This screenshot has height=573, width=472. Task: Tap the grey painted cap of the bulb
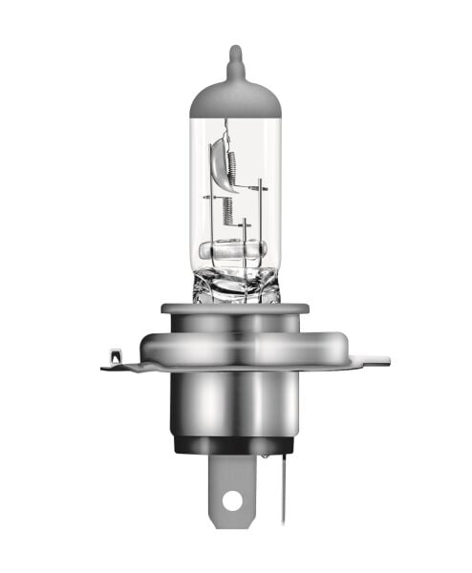235,100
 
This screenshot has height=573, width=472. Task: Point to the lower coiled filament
228,209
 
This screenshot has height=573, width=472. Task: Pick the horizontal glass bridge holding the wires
235,253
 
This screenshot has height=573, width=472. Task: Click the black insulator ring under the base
235,444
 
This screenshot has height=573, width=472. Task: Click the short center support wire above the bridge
245,234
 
